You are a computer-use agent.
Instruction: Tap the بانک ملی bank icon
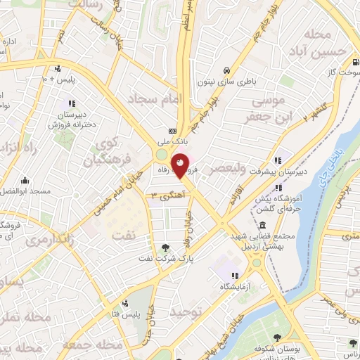pyautogui.click(x=172, y=131)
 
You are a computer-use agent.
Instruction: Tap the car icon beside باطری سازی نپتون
pyautogui.click(x=227, y=70)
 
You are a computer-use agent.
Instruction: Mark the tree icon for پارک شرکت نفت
pyautogui.click(x=166, y=247)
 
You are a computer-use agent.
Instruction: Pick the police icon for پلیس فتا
pyautogui.click(x=124, y=303)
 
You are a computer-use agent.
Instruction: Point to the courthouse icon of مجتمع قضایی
pyautogui.click(x=262, y=226)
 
